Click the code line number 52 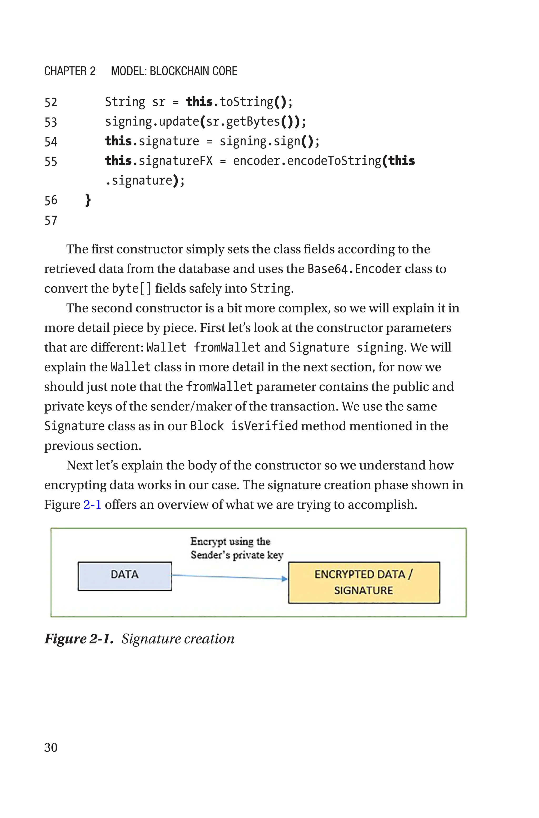tap(51, 102)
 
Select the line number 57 tap(51, 221)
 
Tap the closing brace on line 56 tap(88, 200)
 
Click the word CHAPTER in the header tap(65, 71)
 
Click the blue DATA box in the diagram tap(124, 576)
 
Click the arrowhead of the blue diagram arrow tap(284, 579)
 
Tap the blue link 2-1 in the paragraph tap(92, 504)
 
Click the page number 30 tap(51, 747)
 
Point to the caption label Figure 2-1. tap(79, 639)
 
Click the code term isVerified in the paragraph tap(264, 426)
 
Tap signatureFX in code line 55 tap(176, 161)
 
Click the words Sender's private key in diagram tap(237, 555)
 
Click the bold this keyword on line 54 tap(118, 141)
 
